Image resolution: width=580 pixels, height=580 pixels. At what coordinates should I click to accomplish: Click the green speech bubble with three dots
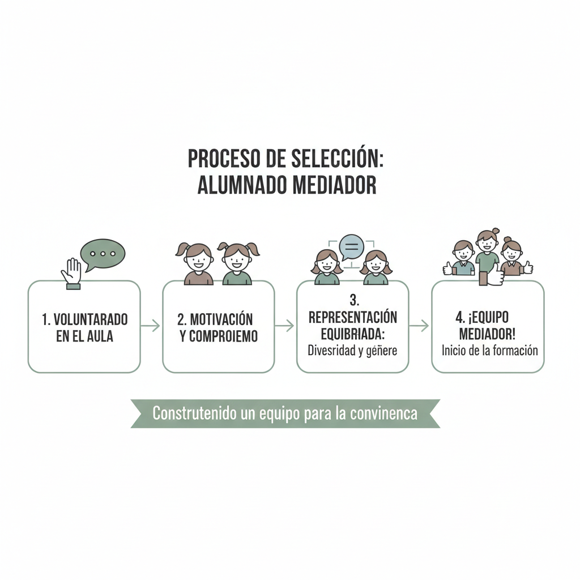pos(103,254)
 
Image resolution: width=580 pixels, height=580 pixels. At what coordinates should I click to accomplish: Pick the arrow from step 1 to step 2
pos(151,326)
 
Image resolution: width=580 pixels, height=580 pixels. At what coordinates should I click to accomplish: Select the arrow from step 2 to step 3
pos(285,326)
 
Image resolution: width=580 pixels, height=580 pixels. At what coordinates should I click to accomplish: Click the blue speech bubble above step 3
pos(351,248)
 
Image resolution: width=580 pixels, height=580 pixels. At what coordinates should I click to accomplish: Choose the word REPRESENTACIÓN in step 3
pos(352,317)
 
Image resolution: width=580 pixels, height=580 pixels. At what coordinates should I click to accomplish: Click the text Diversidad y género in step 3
pos(352,350)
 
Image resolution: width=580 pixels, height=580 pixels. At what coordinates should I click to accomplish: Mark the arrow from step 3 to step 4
pos(420,326)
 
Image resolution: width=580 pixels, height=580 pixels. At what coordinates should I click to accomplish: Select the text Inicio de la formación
pos(489,350)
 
